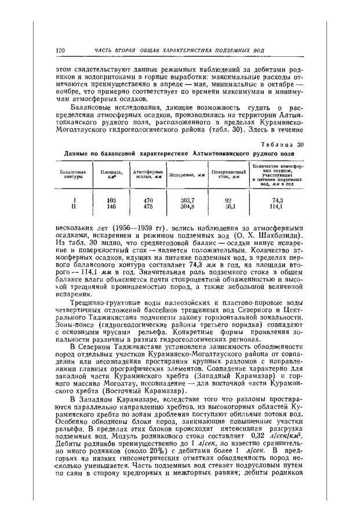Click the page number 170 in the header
coord(60,50)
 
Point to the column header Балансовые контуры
coord(73,175)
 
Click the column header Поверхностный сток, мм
coord(226,175)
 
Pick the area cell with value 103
coord(112,200)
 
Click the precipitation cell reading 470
coord(147,200)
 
